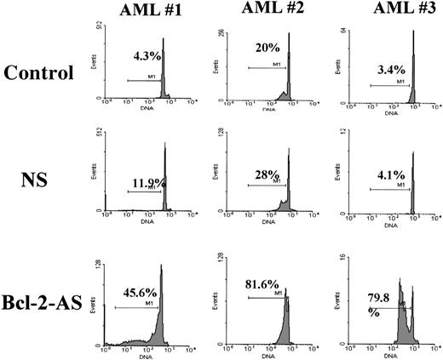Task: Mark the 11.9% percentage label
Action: pyautogui.click(x=145, y=181)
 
